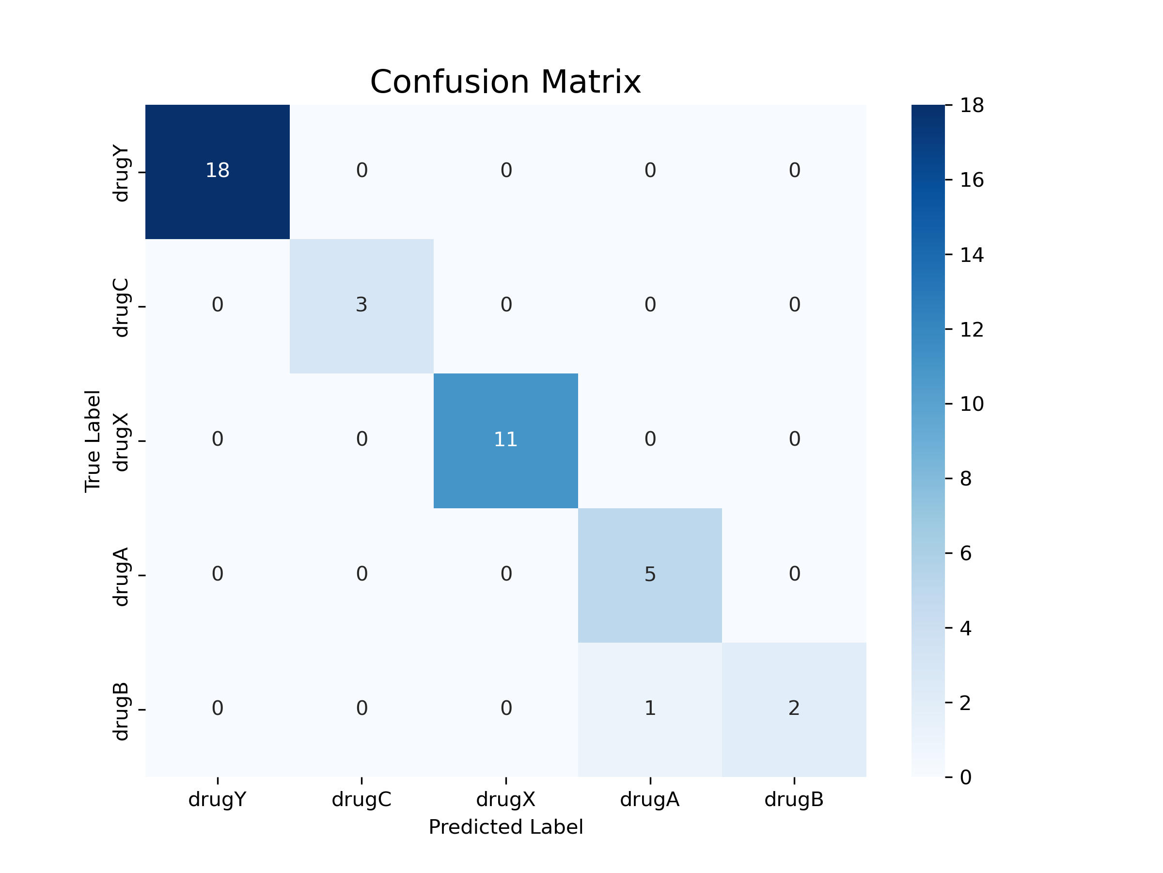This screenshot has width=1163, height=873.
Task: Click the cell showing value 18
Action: click(x=217, y=171)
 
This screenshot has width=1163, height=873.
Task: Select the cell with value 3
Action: click(x=361, y=306)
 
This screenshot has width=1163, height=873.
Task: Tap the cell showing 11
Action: click(x=505, y=440)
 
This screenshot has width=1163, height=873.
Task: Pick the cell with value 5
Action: click(x=650, y=575)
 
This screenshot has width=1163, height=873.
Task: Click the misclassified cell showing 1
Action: click(x=650, y=709)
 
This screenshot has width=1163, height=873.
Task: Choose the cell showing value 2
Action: click(x=794, y=709)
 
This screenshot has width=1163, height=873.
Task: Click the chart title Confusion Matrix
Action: click(x=505, y=82)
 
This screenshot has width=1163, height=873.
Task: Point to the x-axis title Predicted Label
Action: click(x=505, y=827)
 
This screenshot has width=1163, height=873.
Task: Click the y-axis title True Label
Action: click(x=93, y=441)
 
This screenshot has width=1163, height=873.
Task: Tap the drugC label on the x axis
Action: click(x=361, y=799)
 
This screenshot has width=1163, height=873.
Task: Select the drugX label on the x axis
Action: click(x=505, y=799)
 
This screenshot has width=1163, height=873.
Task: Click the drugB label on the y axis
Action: click(x=121, y=711)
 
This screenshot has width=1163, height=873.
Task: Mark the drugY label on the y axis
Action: click(x=121, y=173)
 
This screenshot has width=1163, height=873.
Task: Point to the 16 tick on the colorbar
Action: click(x=971, y=180)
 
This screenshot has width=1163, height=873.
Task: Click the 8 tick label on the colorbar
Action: click(x=965, y=479)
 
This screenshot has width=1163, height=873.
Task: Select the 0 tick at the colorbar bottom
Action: click(x=965, y=777)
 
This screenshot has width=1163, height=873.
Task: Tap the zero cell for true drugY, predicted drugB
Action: click(x=794, y=171)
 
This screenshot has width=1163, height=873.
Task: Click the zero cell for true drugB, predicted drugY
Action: click(x=217, y=709)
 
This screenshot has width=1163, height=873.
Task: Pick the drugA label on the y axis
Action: click(x=121, y=576)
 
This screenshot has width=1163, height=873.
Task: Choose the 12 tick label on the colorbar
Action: click(x=971, y=329)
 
